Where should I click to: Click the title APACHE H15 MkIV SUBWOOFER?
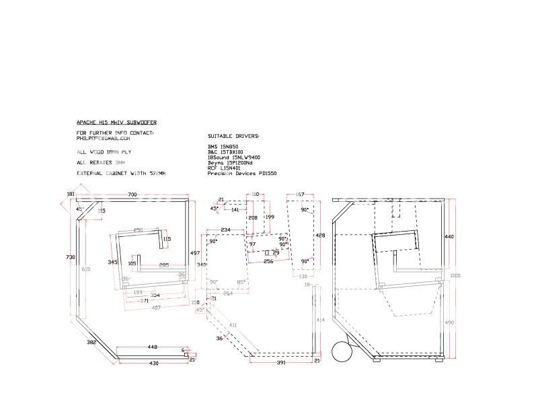(x=116, y=123)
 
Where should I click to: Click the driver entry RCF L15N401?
(x=225, y=168)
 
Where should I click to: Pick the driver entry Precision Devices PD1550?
(x=243, y=174)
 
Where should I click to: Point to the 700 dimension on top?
(x=132, y=195)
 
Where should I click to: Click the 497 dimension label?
(x=194, y=252)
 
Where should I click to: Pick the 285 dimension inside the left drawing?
(x=163, y=265)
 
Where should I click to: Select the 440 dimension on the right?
(x=449, y=237)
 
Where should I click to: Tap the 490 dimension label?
(x=449, y=324)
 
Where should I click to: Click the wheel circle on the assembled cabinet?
(x=343, y=351)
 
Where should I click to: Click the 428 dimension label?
(x=321, y=236)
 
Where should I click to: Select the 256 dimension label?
(x=268, y=261)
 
